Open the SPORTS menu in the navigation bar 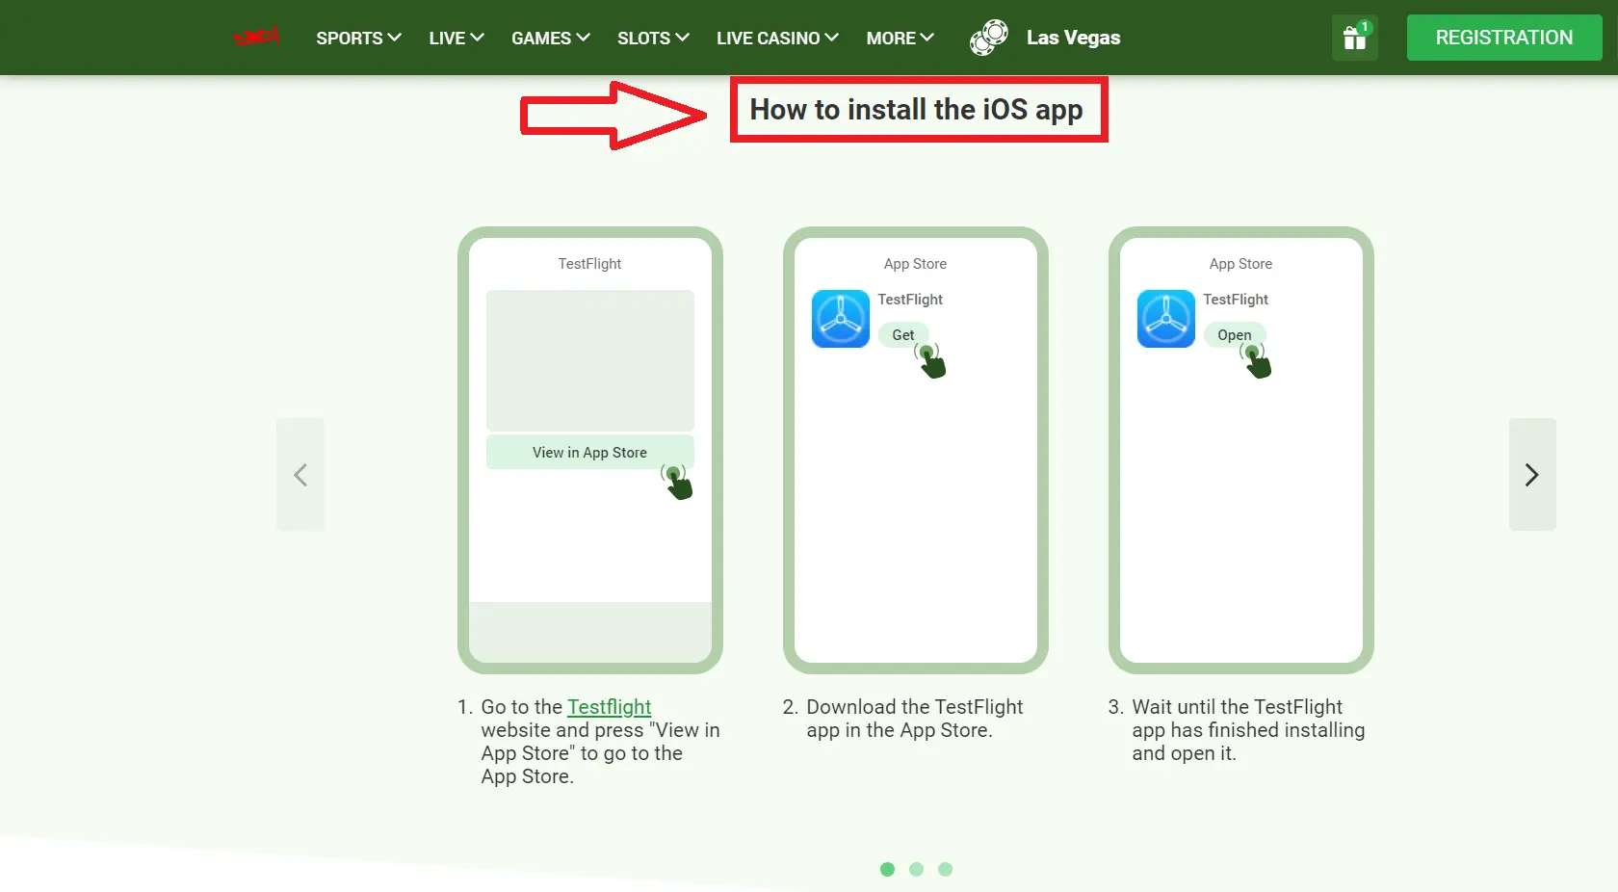point(358,38)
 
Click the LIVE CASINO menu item point(777,38)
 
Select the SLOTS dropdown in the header point(653,38)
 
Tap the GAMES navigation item point(550,38)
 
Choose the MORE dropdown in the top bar point(900,38)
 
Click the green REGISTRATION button point(1503,38)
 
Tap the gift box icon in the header point(1354,39)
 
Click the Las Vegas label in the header point(1073,38)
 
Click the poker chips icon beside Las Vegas point(989,38)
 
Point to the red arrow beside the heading point(613,116)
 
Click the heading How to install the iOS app point(917,110)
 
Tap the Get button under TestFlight point(903,335)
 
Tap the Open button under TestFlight point(1234,335)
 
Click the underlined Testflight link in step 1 point(609,707)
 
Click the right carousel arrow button point(1531,474)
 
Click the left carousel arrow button point(300,474)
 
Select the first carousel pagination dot point(888,869)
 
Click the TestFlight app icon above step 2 point(841,319)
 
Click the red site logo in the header point(256,38)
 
